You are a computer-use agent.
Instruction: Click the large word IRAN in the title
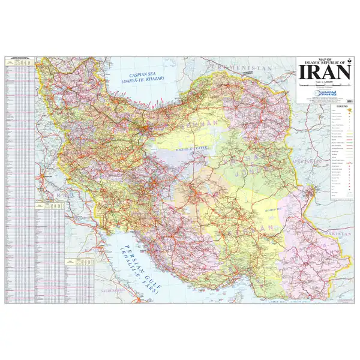coord(325,73)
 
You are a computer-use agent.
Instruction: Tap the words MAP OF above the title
coord(325,58)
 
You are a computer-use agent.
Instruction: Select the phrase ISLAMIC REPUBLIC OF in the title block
coord(325,61)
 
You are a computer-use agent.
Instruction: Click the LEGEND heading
coord(343,106)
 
